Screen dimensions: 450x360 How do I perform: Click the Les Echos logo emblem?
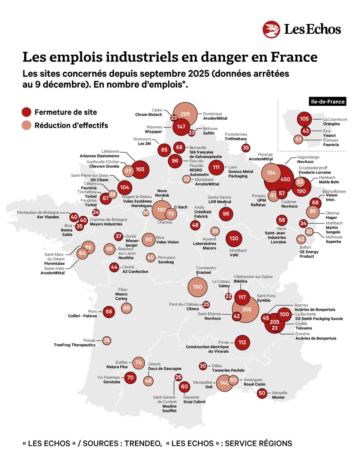271,30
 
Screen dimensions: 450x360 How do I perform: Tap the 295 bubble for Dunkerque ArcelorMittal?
185,114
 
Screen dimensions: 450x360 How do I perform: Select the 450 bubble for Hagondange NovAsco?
286,180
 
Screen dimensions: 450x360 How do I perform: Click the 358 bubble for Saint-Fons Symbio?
246,309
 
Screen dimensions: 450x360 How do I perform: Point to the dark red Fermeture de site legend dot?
26,112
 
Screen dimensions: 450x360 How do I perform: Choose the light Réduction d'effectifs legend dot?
26,126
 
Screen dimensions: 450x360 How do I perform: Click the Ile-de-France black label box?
327,101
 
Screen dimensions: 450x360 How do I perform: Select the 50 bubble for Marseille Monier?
262,393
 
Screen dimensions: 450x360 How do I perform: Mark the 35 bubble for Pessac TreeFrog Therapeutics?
107,340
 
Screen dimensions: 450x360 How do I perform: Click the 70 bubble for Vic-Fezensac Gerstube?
130,377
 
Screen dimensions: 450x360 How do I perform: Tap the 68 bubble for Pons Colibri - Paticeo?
109,312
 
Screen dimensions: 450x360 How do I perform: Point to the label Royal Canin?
254,384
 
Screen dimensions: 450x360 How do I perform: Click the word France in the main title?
293,57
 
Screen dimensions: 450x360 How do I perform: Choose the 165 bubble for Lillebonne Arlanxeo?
140,169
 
